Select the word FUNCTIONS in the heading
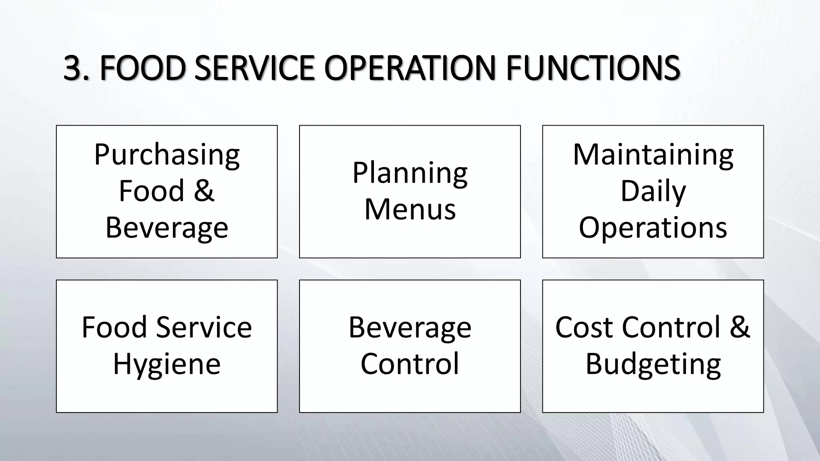point(593,68)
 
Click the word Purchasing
point(167,155)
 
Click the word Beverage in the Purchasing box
point(167,227)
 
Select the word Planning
point(410,173)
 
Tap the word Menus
point(410,209)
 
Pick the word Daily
point(653,191)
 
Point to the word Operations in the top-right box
point(653,227)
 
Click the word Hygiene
point(167,364)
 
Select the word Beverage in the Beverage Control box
point(410,327)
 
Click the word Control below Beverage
point(410,364)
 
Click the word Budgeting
point(653,364)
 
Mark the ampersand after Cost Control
point(739,327)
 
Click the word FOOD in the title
point(143,68)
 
